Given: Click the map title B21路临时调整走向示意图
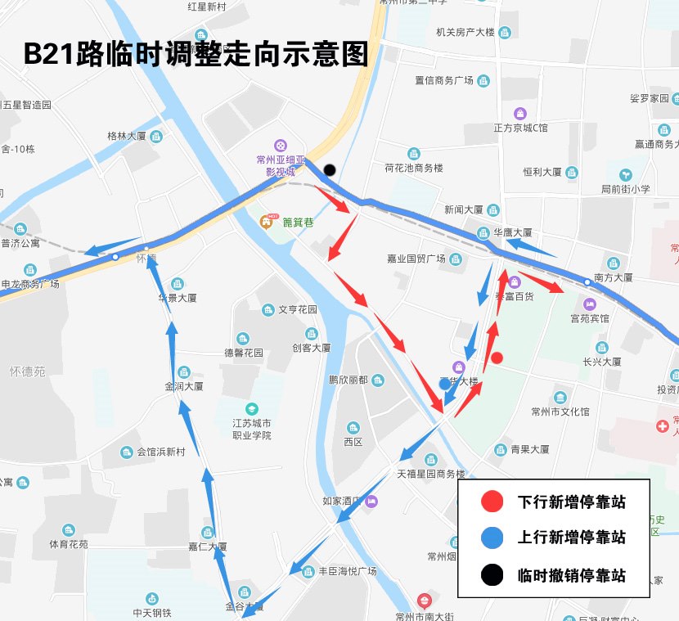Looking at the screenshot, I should point(196,54).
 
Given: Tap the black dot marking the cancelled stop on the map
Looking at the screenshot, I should point(329,170).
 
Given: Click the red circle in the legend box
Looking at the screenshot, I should point(492,502).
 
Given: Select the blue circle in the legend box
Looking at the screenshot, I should point(492,538).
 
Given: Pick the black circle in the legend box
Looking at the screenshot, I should point(492,574).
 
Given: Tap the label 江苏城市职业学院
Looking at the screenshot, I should point(252,429).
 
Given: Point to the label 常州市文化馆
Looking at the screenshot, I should point(560,411).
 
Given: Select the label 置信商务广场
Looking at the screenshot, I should point(444,80).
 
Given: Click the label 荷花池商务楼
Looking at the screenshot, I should point(413,167).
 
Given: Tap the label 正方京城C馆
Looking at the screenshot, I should point(520,128).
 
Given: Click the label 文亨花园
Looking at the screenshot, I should point(297,310).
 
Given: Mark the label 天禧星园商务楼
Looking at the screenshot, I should point(430,474).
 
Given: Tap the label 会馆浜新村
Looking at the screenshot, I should point(161,452).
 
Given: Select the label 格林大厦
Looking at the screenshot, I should point(126,136).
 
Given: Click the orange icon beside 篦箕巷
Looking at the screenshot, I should point(267,222).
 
